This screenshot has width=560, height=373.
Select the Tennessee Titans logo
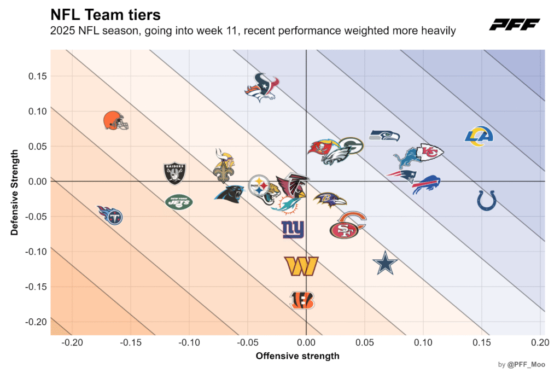[110, 215]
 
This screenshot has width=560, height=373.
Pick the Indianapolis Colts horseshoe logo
[486, 201]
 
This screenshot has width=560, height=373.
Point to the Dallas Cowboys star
[385, 264]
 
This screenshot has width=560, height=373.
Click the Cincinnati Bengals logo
[302, 300]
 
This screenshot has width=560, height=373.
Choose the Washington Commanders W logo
[301, 266]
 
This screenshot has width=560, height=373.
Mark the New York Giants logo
[293, 229]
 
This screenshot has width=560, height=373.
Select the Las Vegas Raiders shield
[175, 174]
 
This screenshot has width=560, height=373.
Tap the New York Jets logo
[179, 202]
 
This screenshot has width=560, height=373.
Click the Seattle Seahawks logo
[384, 136]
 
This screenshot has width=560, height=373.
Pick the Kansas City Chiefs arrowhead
[430, 152]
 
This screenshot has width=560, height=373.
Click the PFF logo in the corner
[514, 24]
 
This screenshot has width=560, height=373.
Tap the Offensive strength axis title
[297, 355]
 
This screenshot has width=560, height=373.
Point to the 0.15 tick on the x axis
[481, 342]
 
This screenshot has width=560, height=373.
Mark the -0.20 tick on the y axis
[36, 322]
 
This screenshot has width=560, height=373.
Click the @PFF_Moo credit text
[526, 365]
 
